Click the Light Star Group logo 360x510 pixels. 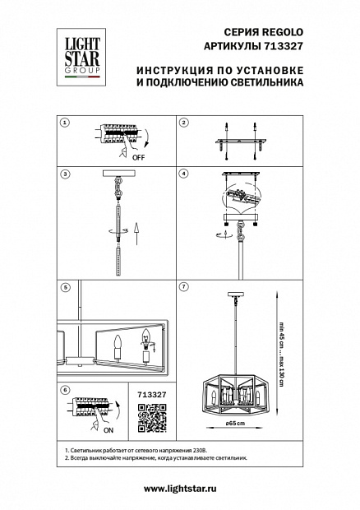coord(81,58)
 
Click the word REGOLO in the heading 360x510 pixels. coord(283,32)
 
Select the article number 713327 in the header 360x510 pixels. coord(282,46)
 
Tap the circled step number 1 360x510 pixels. coord(65,123)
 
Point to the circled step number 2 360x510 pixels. coord(184,123)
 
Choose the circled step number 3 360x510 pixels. coord(65,174)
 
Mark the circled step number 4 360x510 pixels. coord(184,174)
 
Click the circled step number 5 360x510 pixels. coord(65,288)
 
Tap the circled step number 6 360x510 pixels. coord(65,390)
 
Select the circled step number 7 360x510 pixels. coord(184,286)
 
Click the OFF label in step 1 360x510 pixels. coord(138,158)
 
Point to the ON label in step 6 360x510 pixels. coord(108,430)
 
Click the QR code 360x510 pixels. coord(152,418)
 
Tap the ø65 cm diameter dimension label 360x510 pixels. coord(235,423)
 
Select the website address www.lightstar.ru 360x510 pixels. coord(180,489)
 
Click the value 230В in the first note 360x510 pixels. coord(200,451)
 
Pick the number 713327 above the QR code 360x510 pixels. coord(152,395)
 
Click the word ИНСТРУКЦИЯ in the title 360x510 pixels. coord(173,70)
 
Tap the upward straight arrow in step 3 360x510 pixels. coord(136,234)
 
